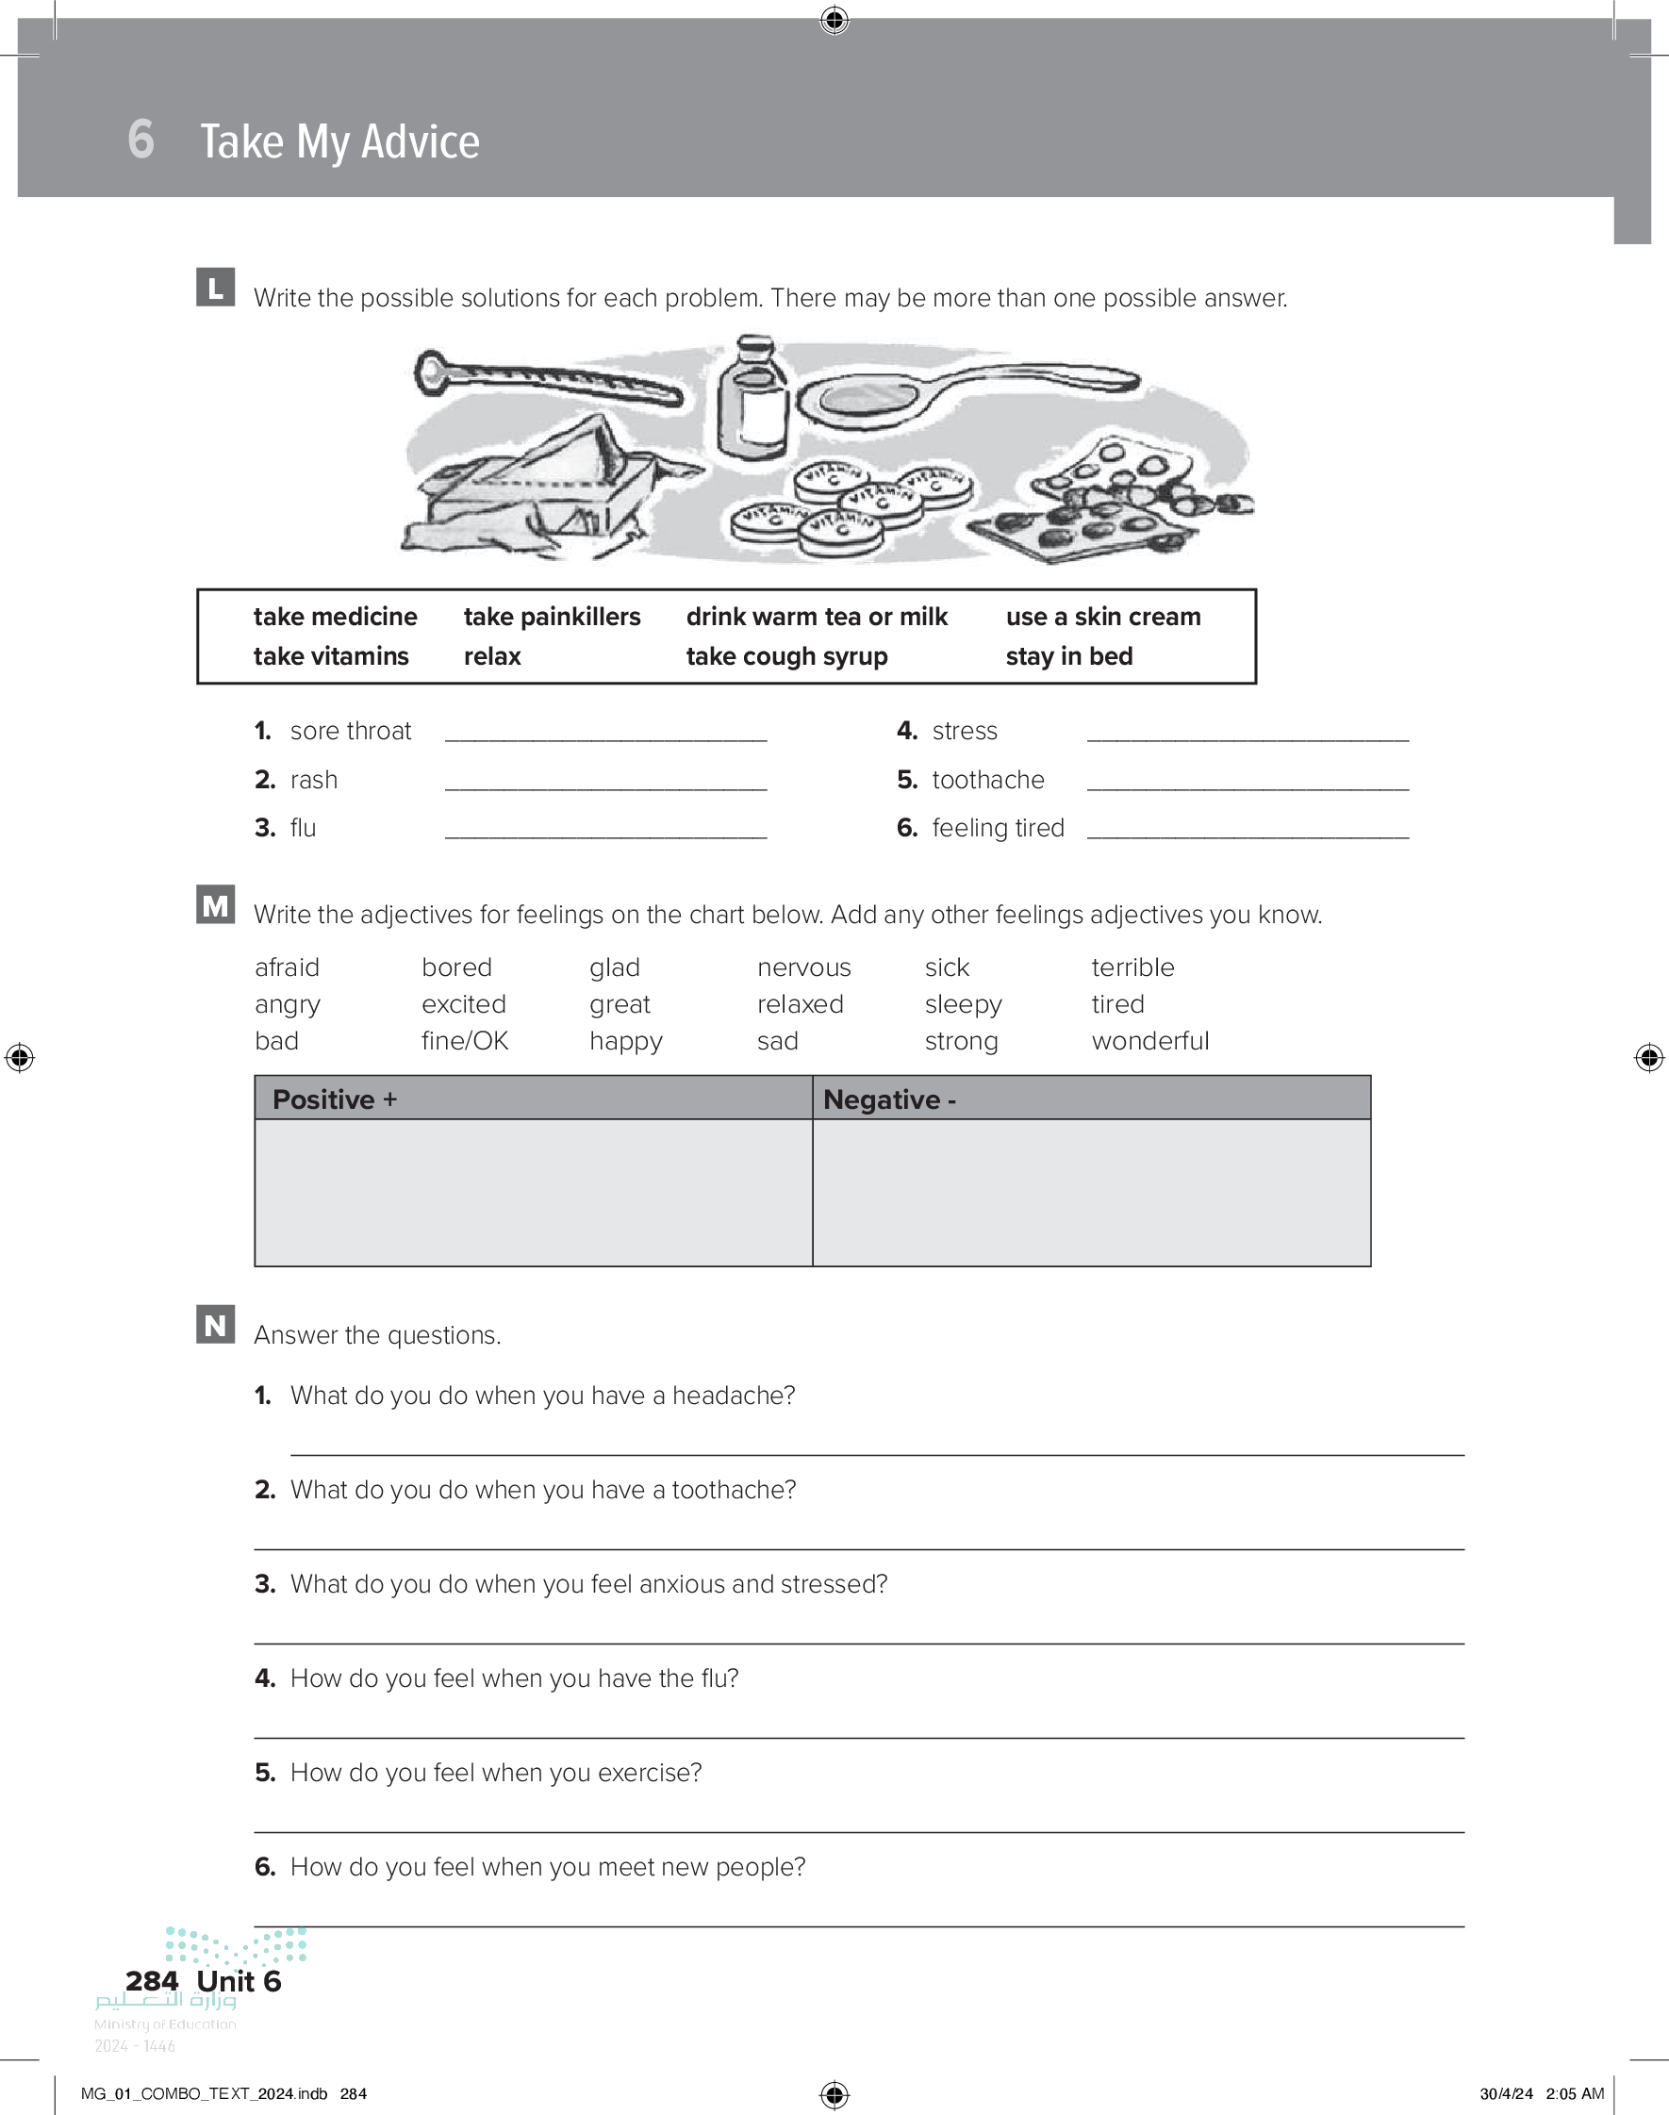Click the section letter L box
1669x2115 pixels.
[x=215, y=288]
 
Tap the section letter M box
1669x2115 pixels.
[x=215, y=904]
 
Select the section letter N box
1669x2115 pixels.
[x=215, y=1325]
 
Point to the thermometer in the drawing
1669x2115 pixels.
[x=547, y=381]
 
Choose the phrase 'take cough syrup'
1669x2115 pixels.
[x=786, y=656]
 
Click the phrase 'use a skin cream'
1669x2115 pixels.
[x=1103, y=617]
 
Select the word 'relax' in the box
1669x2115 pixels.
[x=492, y=656]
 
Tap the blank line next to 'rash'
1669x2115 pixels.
[x=606, y=782]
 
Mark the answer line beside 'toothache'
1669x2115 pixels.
[x=1248, y=782]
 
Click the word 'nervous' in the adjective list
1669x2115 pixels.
[x=803, y=967]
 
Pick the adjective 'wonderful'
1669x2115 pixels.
[x=1150, y=1041]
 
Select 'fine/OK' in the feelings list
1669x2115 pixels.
[x=465, y=1041]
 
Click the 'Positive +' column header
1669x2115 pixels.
[x=335, y=1099]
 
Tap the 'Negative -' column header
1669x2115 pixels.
[x=889, y=1099]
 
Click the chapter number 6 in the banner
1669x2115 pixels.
[x=140, y=140]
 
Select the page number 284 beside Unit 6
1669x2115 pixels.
[x=152, y=1980]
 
